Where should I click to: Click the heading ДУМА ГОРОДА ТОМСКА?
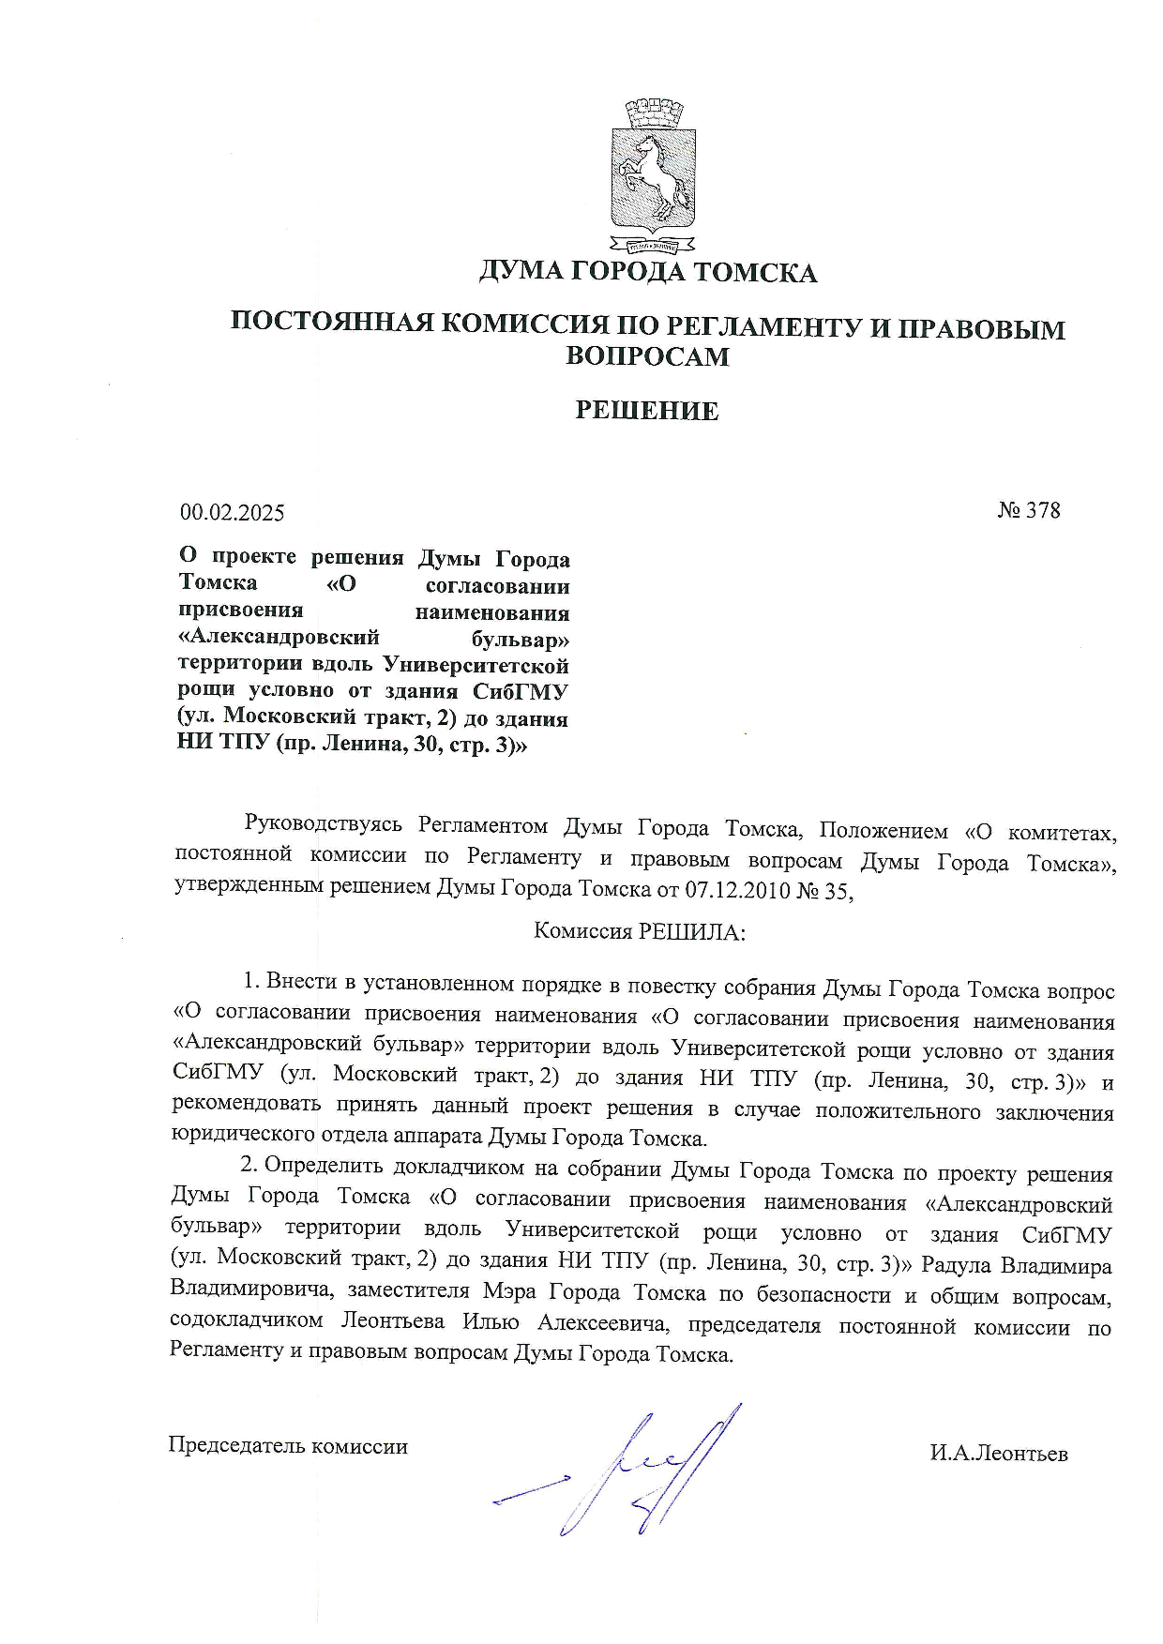648,273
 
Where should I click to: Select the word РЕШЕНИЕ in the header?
647,411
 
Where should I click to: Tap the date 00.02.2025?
233,513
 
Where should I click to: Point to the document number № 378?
1029,510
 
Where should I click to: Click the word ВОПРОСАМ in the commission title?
647,356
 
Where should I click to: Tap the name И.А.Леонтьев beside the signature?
999,1454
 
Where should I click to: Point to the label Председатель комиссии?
288,1445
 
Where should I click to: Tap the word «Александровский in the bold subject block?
279,639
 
